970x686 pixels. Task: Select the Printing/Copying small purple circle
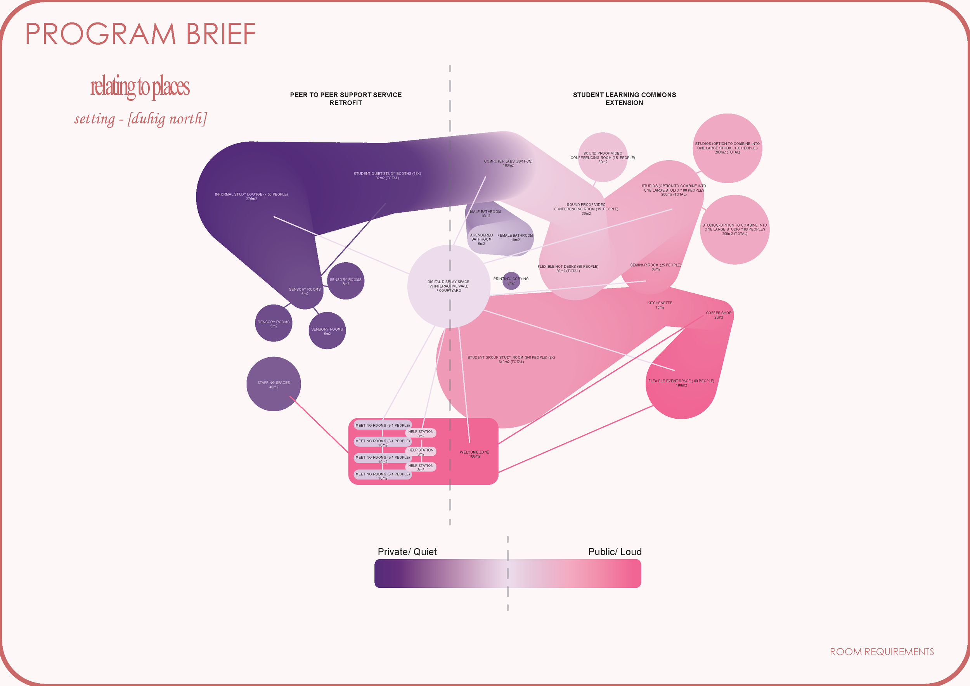[x=511, y=281]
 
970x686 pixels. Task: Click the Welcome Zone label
[x=474, y=454]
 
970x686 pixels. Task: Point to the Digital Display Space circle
[x=449, y=286]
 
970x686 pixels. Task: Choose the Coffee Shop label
[x=718, y=315]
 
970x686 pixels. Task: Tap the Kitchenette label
[x=660, y=305]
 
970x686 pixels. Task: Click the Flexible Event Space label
[x=681, y=383]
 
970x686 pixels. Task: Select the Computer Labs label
[x=508, y=163]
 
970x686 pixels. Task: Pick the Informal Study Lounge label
[x=251, y=196]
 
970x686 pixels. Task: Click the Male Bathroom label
[x=485, y=214]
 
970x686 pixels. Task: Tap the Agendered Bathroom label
[x=481, y=239]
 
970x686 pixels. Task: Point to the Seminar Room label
[x=655, y=267]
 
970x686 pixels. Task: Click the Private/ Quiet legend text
[x=407, y=552]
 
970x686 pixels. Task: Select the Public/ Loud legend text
[x=615, y=552]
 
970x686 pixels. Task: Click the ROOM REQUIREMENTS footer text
[x=881, y=652]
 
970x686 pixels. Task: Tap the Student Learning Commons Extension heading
[x=624, y=99]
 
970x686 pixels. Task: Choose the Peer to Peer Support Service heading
[x=346, y=99]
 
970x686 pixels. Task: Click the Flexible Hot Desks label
[x=568, y=269]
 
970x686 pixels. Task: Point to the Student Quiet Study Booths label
[x=387, y=175]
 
